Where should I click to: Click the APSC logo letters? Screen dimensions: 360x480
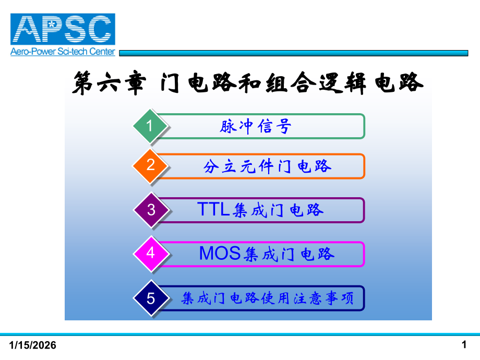click(x=63, y=30)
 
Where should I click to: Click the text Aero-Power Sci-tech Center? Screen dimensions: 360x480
click(x=63, y=52)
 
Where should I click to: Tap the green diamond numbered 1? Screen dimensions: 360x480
click(x=150, y=126)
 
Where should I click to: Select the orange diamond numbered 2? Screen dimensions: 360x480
click(x=150, y=166)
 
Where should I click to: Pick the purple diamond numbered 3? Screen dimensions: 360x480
click(x=151, y=210)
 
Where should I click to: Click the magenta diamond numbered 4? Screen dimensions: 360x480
click(x=151, y=254)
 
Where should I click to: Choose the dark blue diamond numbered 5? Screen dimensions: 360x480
click(x=151, y=299)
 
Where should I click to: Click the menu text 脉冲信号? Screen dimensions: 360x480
click(x=255, y=127)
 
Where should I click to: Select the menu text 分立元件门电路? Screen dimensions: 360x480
click(x=268, y=166)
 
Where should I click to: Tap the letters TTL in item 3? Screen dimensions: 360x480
click(x=213, y=210)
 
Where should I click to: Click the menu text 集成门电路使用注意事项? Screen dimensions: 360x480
click(x=268, y=299)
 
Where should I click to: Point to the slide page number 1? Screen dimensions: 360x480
click(x=464, y=344)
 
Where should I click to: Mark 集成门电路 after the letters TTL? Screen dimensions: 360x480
click(x=278, y=210)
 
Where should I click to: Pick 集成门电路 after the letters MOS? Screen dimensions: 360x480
click(x=289, y=254)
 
